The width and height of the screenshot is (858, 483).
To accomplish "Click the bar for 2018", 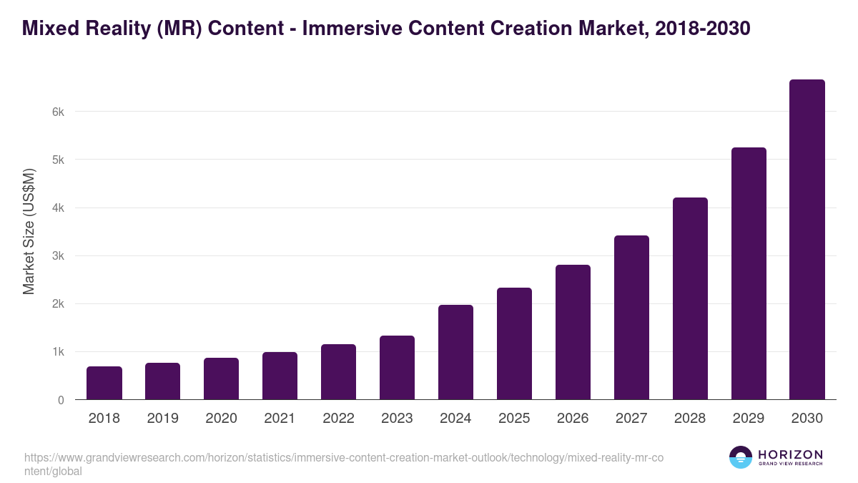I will coord(104,383).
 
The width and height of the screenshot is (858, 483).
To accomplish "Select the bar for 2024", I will coord(455,352).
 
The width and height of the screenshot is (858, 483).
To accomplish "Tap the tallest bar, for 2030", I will coord(807,240).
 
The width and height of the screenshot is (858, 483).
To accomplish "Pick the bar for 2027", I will coord(631,317).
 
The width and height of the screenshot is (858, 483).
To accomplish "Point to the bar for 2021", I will coord(280,376).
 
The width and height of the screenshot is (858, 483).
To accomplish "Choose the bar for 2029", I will coord(749,273).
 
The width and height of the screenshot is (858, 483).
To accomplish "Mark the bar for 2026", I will coord(573,332).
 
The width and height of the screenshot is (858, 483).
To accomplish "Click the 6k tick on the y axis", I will coord(58,112).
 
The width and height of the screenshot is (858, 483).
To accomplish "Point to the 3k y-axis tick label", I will coord(58,256).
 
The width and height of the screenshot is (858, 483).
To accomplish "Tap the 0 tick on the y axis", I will coord(61,401).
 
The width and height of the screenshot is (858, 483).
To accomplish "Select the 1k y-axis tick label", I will coord(58,352).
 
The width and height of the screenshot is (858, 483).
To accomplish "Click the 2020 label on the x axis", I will coord(221,419).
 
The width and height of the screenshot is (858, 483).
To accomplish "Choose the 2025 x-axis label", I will coord(514,419).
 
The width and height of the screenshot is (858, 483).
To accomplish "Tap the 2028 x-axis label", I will coord(690,419).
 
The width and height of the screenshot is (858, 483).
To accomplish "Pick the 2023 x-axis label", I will coord(397,419).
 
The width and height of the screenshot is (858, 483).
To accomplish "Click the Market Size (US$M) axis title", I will coord(29,231).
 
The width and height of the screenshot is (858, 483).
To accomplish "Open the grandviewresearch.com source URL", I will coord(343,458).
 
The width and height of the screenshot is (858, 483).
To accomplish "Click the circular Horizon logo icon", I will coord(740,457).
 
